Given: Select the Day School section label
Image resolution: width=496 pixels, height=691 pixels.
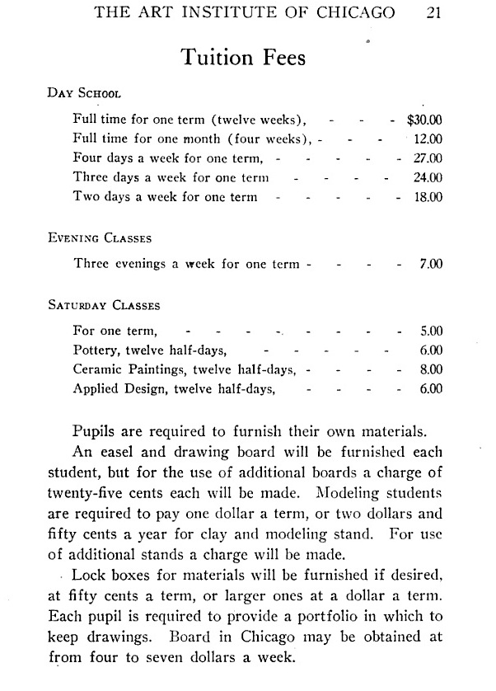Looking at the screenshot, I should (85, 93).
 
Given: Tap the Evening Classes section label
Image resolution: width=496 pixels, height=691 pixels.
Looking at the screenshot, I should (99, 239).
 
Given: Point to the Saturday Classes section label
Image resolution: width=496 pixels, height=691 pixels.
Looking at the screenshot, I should (103, 305).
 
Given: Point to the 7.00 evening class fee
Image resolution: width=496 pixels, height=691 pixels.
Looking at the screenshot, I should (431, 265).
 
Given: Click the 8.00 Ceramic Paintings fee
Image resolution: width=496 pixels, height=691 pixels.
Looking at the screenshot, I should (431, 369).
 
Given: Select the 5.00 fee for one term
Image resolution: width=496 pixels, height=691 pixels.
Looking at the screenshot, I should (431, 331).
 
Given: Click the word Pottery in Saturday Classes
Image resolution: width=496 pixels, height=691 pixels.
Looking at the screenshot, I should (96, 350).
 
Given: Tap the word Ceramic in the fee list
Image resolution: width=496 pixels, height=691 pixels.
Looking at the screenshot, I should (98, 369).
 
